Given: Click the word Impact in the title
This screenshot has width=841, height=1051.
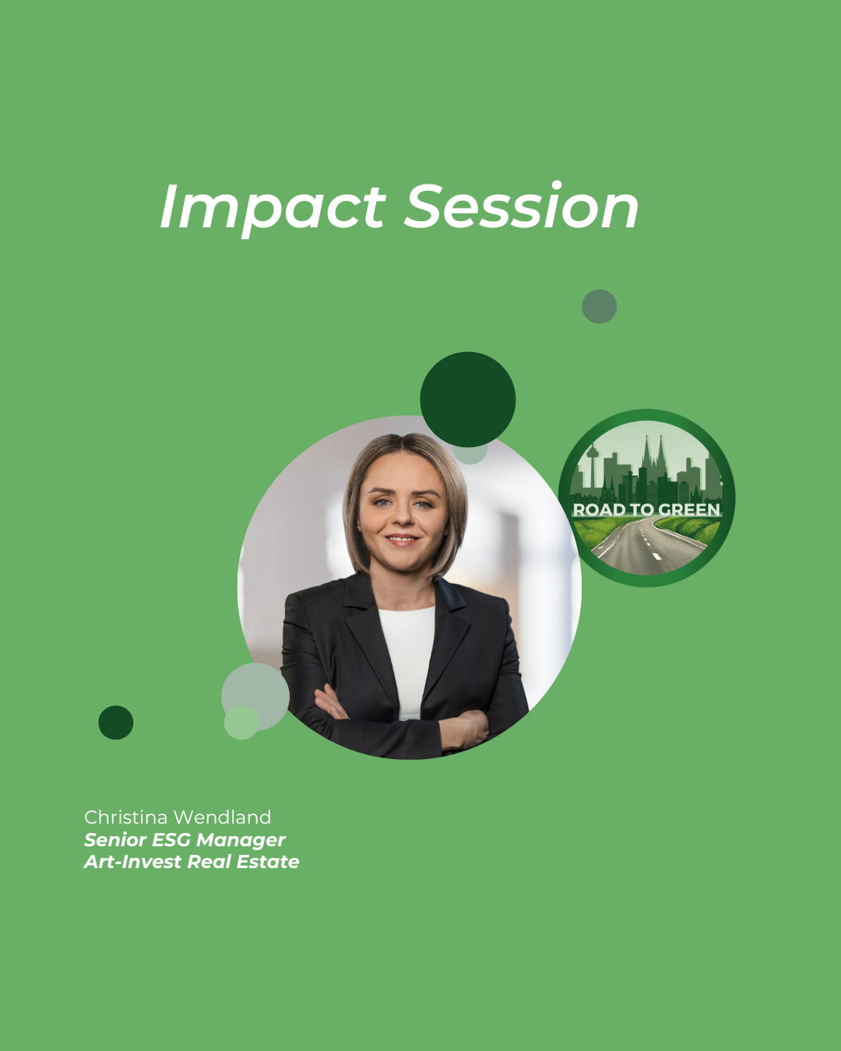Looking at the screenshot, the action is point(273,208).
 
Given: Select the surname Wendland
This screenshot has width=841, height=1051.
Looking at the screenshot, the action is point(223,817).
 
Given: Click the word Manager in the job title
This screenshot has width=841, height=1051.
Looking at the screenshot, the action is point(241,841).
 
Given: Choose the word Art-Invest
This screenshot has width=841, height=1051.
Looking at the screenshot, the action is point(132,862).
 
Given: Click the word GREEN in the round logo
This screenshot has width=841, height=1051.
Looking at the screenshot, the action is point(688,510).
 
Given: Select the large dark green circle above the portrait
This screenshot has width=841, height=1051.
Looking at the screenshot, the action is point(468,399).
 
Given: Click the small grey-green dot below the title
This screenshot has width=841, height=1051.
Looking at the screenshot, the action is point(599,306).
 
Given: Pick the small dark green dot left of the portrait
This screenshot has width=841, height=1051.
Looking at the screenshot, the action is point(116,722).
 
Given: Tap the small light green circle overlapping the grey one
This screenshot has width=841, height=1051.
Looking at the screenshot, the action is point(241,722).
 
